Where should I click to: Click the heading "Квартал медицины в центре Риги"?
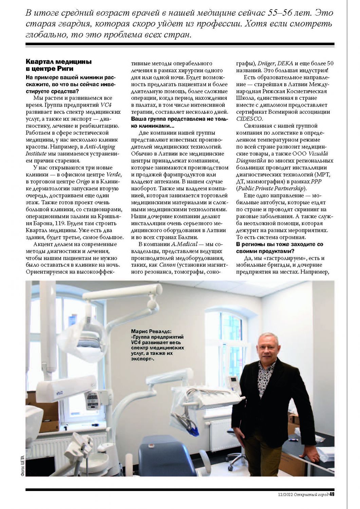pos(58,65)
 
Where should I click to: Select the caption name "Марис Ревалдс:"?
pos(151,331)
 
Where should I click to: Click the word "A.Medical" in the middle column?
pos(184,244)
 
